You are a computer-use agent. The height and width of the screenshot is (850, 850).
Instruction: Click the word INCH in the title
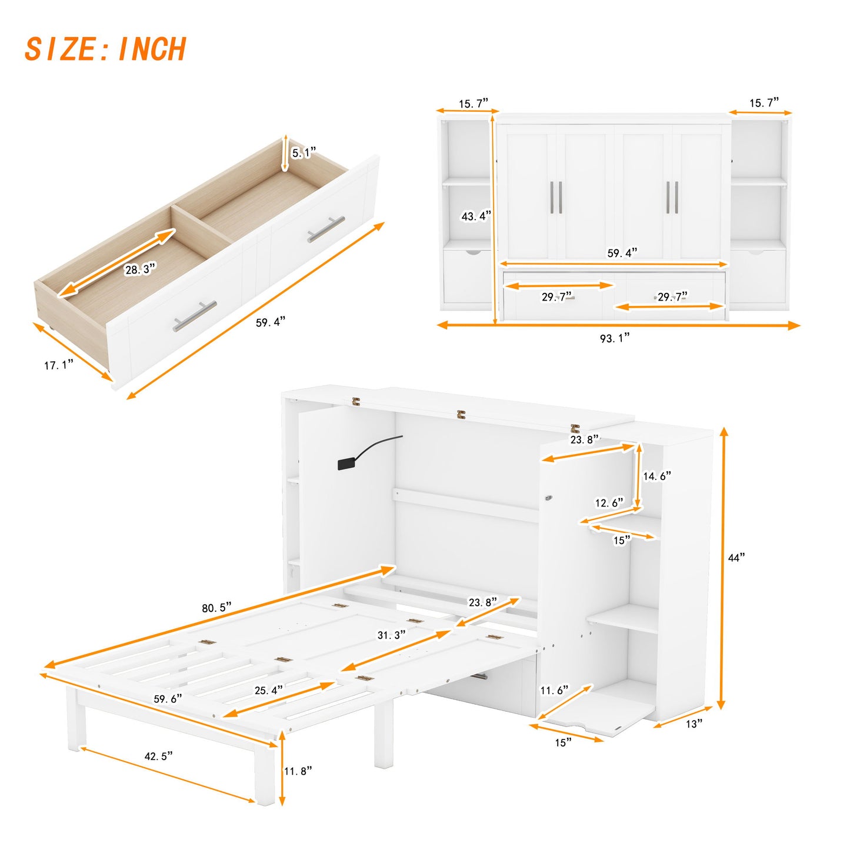pos(152,49)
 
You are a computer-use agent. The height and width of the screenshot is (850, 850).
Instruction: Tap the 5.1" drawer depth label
pos(304,153)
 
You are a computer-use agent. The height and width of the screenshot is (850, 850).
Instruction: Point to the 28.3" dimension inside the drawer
pos(140,269)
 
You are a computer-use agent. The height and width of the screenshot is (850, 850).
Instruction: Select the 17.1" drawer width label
pos(59,365)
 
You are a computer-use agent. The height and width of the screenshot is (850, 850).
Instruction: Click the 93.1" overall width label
pos(615,338)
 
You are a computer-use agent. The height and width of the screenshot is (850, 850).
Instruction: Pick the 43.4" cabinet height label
pos(476,216)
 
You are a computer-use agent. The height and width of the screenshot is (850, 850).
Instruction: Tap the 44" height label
pos(736,558)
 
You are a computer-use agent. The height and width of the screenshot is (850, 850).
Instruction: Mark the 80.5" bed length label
pos(216,608)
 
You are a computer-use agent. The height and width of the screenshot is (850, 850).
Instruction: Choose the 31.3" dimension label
pos(391,635)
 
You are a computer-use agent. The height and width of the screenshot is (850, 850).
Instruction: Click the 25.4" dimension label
pos(269,690)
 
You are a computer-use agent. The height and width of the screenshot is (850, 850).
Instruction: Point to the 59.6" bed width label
pos(168,699)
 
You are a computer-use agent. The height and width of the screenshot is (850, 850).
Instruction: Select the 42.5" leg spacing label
pos(159,756)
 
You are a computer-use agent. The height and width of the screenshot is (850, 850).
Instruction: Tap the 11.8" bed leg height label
pos(298,771)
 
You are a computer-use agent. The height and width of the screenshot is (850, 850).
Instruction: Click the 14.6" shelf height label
pos(656,476)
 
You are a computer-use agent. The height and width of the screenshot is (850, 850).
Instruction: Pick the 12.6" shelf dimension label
pos(609,503)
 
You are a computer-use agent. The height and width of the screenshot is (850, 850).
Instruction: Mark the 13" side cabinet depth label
pos(694,724)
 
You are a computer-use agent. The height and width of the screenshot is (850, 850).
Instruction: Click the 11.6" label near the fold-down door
pos(555,690)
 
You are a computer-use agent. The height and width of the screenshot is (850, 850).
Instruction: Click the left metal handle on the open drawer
pos(195,316)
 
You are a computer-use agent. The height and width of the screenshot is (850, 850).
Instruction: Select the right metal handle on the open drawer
pos(326,229)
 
